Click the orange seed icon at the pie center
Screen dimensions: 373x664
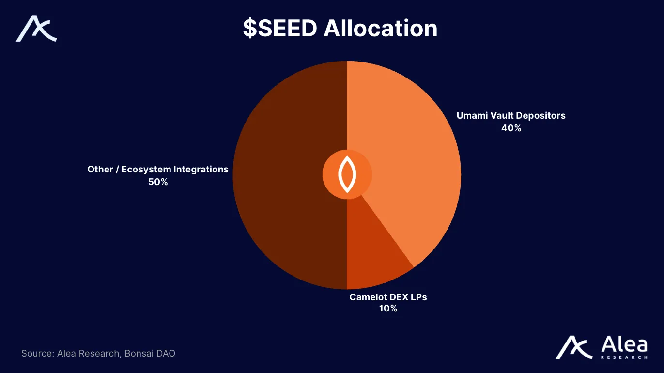347,174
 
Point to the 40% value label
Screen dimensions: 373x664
511,128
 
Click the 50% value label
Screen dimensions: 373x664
158,182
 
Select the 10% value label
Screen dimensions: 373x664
388,309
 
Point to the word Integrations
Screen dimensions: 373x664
201,170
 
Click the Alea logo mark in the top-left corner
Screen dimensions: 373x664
36,29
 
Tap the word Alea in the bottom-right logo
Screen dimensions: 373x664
624,345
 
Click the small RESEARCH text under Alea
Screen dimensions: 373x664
624,357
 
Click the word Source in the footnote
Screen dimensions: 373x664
37,353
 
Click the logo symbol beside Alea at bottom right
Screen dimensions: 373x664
574,347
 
